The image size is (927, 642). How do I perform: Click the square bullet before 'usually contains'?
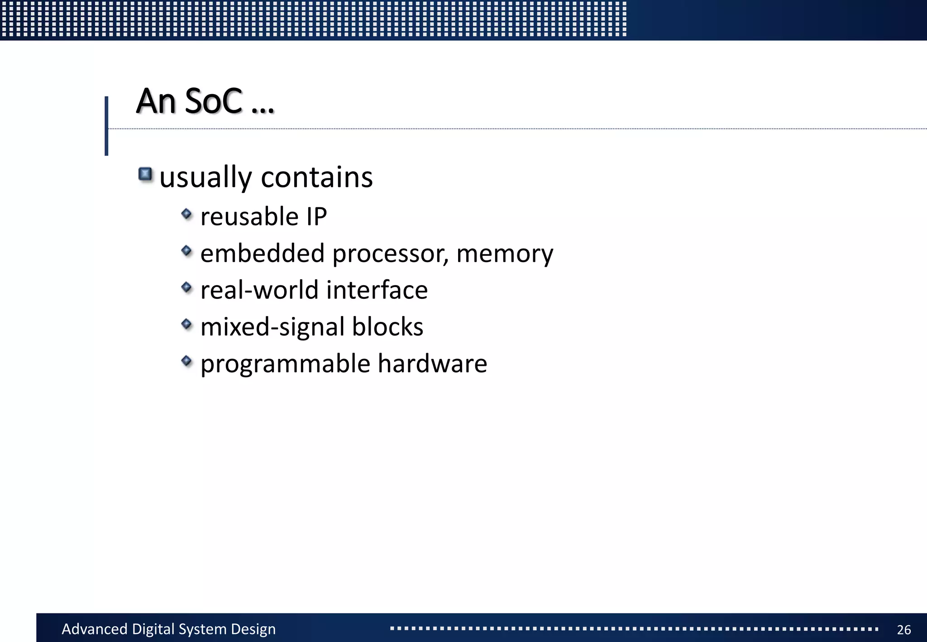coord(145,174)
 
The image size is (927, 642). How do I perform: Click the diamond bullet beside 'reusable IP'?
coord(186,214)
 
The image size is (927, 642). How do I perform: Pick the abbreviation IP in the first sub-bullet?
coord(316,216)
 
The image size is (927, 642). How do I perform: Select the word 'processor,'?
coord(391,254)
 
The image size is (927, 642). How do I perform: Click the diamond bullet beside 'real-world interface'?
coord(186,287)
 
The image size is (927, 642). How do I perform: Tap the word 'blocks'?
coord(387,326)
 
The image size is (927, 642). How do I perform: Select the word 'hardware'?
coord(432,363)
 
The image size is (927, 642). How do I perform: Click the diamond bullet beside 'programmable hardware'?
coord(186,361)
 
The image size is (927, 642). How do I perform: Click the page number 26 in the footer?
coord(904,629)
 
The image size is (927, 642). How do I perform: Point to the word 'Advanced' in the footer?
coord(95,629)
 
